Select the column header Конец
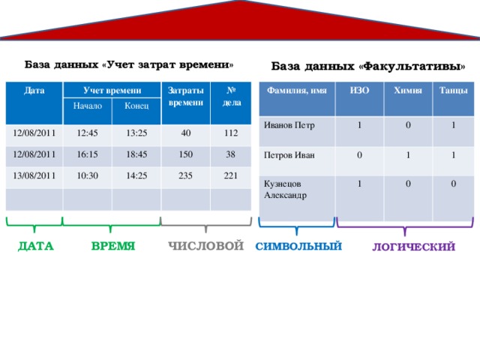pyautogui.click(x=136, y=107)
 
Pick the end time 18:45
pyautogui.click(x=136, y=154)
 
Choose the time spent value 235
pyautogui.click(x=186, y=175)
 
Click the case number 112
pyautogui.click(x=231, y=133)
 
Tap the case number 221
pyautogui.click(x=231, y=176)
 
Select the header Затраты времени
pyautogui.click(x=185, y=95)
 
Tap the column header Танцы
pyautogui.click(x=454, y=90)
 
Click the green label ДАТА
pyautogui.click(x=35, y=245)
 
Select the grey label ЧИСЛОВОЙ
pyautogui.click(x=206, y=245)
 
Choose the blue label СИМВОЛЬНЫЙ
pyautogui.click(x=298, y=246)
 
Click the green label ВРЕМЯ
pyautogui.click(x=112, y=245)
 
